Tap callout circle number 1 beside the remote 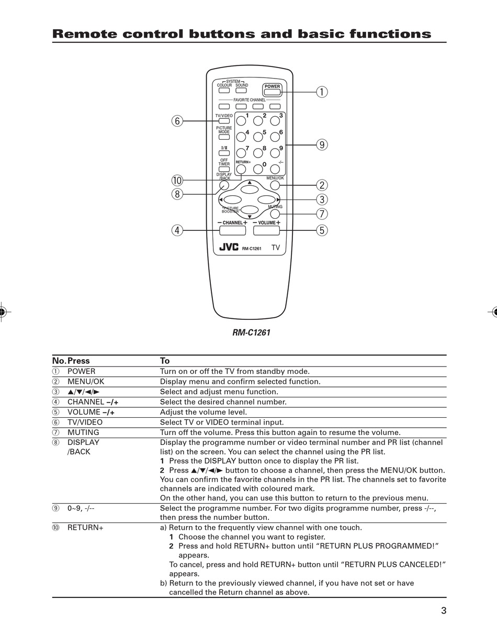coord(322,92)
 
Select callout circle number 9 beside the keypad coord(322,144)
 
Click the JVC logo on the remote coord(229,247)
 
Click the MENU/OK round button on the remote coord(275,185)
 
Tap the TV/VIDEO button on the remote coord(224,121)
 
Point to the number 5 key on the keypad coord(258,137)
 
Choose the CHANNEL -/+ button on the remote coord(233,230)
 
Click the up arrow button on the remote coord(250,188)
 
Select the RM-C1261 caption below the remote coord(251,332)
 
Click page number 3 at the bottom coord(444,610)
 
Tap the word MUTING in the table coord(83,432)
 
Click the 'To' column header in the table coord(165,361)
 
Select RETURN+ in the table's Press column coord(85,528)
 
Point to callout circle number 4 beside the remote coord(177,230)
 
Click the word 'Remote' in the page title coord(84,34)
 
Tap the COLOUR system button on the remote coord(224,91)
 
